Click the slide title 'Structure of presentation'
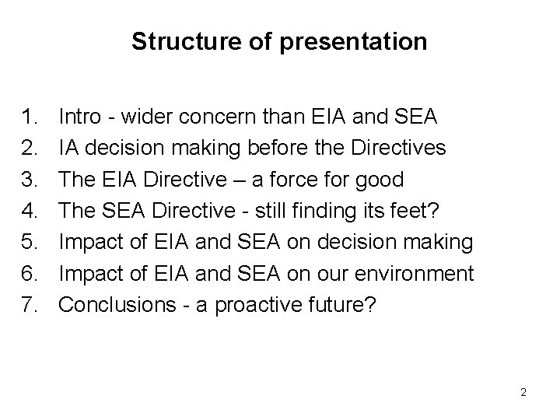(x=279, y=41)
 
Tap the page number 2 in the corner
(x=523, y=393)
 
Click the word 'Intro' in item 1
(x=79, y=117)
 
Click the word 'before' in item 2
(x=257, y=149)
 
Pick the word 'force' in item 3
(x=297, y=180)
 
